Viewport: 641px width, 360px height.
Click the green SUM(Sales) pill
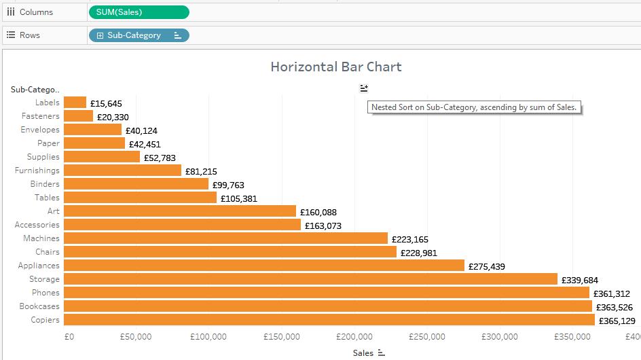pos(139,12)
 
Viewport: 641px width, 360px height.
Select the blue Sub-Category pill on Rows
pos(139,35)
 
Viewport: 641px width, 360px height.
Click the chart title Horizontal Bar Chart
pos(335,67)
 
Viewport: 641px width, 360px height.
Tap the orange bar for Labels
pos(75,103)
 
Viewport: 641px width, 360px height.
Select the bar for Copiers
pos(329,320)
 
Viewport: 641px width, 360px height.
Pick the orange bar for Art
pos(180,211)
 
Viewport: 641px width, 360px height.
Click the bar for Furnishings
pos(122,170)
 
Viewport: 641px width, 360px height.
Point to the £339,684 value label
pos(580,280)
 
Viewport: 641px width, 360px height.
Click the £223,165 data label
pos(410,239)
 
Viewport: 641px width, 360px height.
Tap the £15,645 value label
pos(109,103)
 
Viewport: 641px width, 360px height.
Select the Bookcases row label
pos(39,306)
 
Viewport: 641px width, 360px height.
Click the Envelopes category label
pos(40,130)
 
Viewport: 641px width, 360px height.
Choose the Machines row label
pos(41,238)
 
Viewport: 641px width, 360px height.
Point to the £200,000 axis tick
pos(354,337)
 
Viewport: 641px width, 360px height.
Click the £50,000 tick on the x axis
pos(136,337)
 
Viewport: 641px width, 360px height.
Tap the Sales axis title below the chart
pos(363,353)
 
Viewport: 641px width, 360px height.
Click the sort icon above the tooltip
pos(364,88)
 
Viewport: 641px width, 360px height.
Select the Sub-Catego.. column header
pos(35,89)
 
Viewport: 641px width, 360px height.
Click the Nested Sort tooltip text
pos(473,107)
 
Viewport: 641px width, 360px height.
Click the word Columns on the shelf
pos(36,12)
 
